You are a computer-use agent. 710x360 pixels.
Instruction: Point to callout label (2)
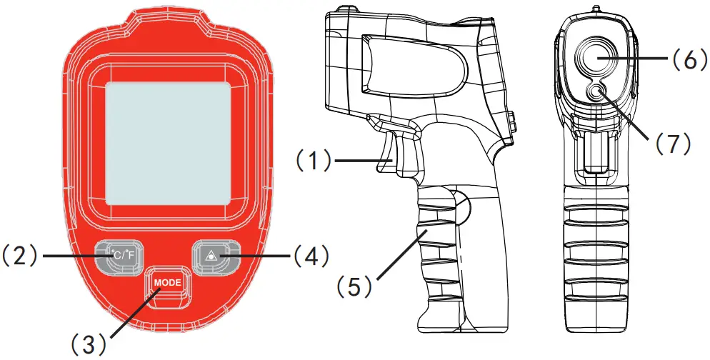19,255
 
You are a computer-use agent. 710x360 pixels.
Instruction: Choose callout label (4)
310,255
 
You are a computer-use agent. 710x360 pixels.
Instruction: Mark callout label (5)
354,286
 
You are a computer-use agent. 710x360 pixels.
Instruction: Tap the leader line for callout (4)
257,255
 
